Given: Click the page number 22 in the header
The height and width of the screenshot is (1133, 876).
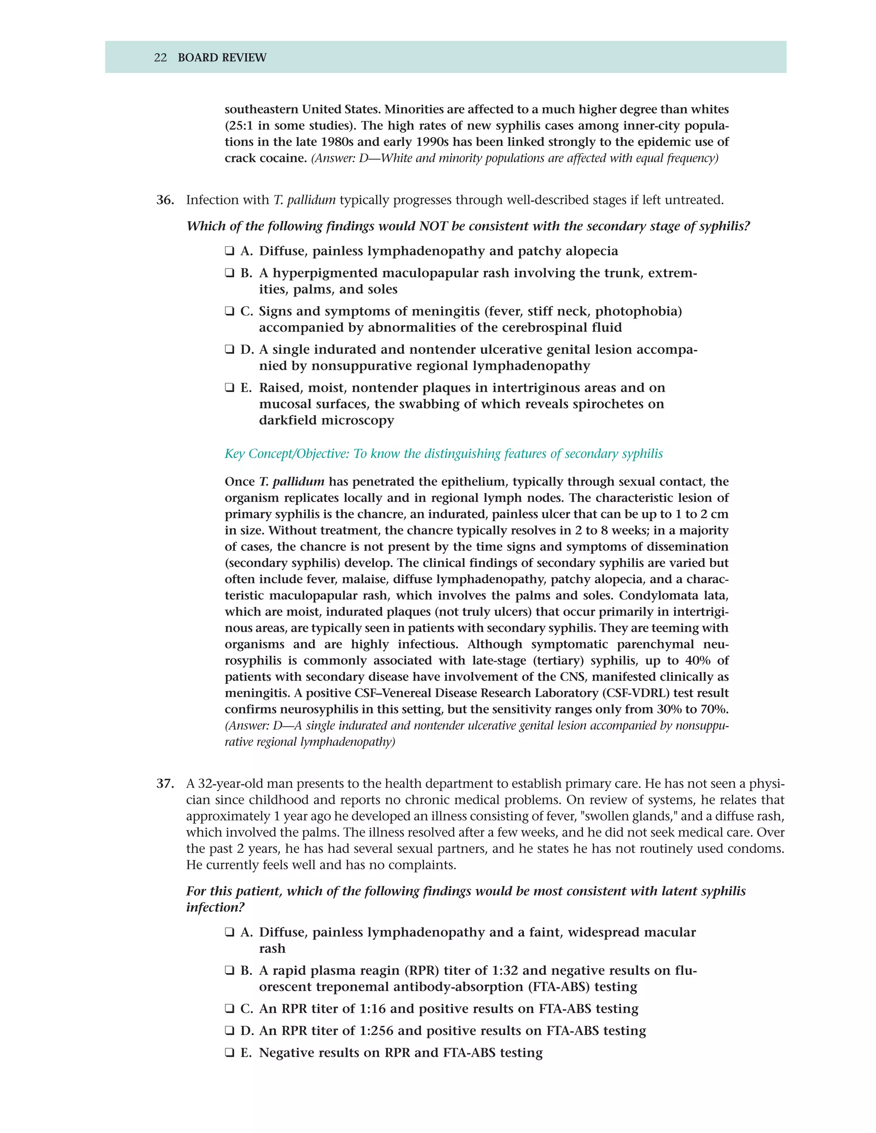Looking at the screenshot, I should pos(160,58).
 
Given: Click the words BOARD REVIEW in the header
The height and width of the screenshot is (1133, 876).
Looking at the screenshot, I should pos(222,58).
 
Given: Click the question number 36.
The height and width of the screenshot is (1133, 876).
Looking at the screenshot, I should pos(165,200).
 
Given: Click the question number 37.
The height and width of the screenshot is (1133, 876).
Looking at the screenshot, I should pos(165,783).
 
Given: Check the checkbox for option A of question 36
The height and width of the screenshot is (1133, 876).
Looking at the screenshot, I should pos(229,251).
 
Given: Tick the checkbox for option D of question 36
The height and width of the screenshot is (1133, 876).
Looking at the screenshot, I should pos(229,350).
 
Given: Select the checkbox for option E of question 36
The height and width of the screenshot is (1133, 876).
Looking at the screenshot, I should pos(229,388).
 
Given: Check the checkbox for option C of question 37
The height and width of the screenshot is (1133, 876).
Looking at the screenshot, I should pos(229,1009).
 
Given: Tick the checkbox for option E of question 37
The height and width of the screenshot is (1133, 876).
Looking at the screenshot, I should pos(229,1053).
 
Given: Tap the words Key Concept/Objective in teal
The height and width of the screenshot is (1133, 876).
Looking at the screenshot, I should pos(287,454).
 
